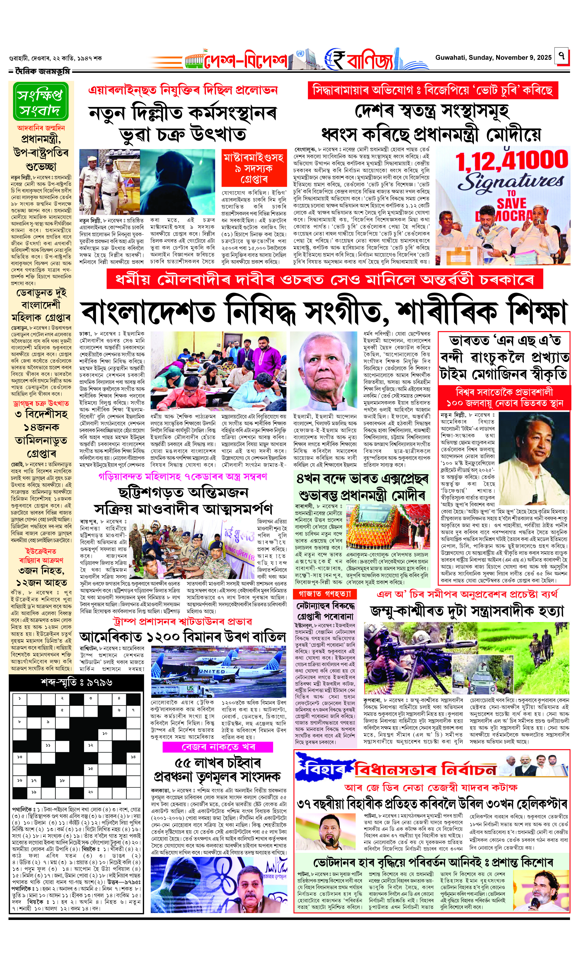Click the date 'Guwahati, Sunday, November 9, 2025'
[x=493, y=58]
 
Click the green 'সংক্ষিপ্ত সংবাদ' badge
[x=40, y=102]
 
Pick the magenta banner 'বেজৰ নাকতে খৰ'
[x=218, y=747]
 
